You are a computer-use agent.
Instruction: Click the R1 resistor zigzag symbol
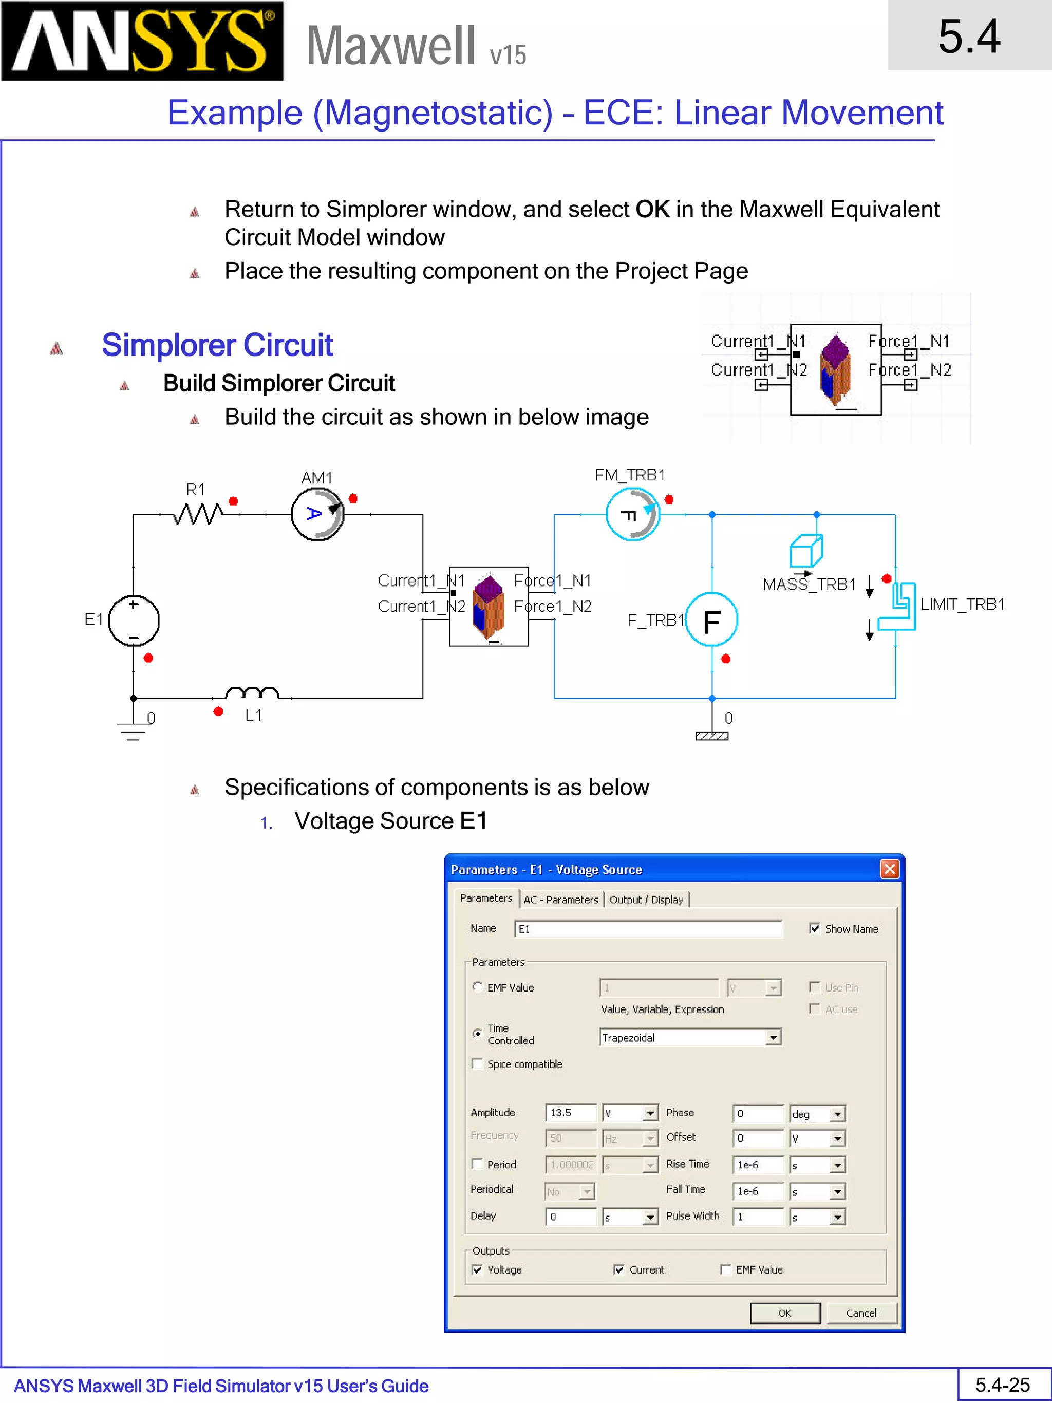(x=197, y=514)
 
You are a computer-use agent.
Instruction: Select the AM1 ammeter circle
(x=317, y=514)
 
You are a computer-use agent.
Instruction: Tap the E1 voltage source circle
(x=134, y=620)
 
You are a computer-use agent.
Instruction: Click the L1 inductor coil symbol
(x=252, y=693)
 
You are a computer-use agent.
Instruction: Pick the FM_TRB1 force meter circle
(x=632, y=514)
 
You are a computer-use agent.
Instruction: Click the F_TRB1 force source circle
(x=711, y=620)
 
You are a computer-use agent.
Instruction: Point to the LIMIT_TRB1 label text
(x=962, y=605)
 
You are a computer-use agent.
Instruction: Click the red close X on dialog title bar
(x=889, y=869)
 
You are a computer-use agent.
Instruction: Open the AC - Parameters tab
(x=560, y=900)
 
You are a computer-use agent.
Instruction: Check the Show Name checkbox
(x=815, y=928)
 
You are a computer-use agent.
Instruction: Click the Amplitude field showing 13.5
(x=570, y=1113)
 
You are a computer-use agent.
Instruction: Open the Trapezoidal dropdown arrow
(x=773, y=1038)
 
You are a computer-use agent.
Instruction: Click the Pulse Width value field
(x=758, y=1217)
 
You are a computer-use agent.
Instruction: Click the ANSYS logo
(x=142, y=41)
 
